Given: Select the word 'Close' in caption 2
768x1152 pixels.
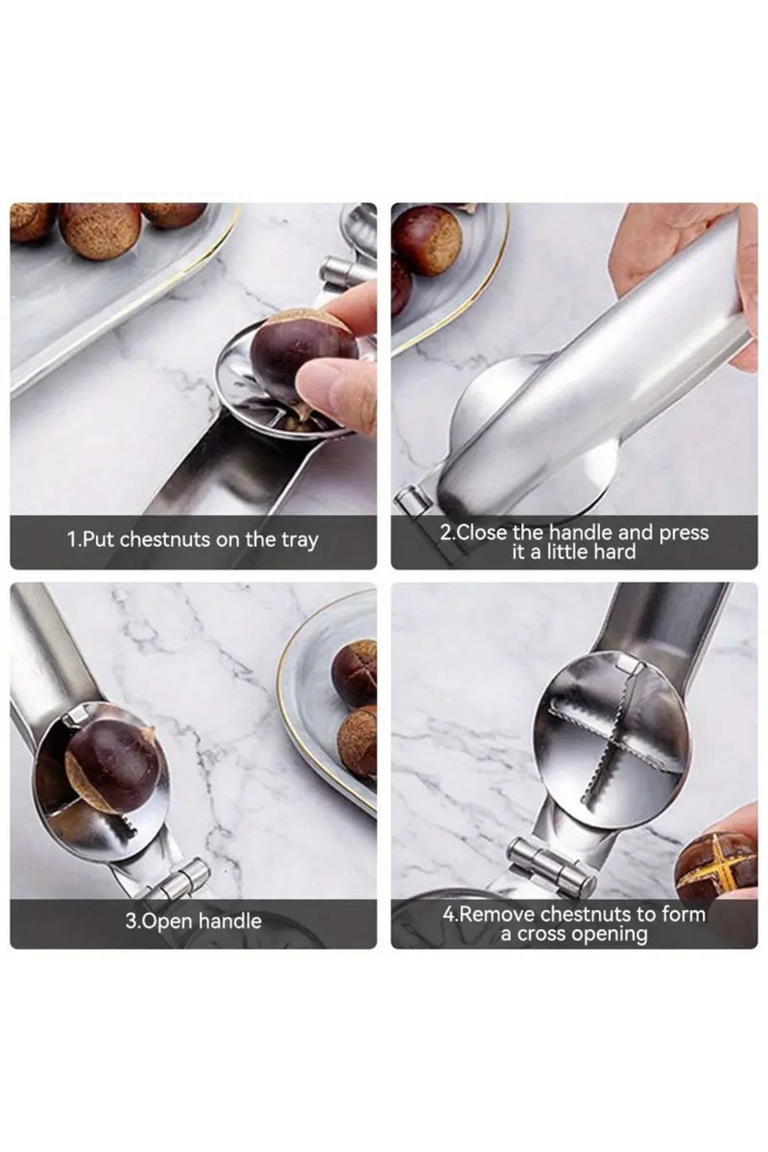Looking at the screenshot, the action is pyautogui.click(x=482, y=532).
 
